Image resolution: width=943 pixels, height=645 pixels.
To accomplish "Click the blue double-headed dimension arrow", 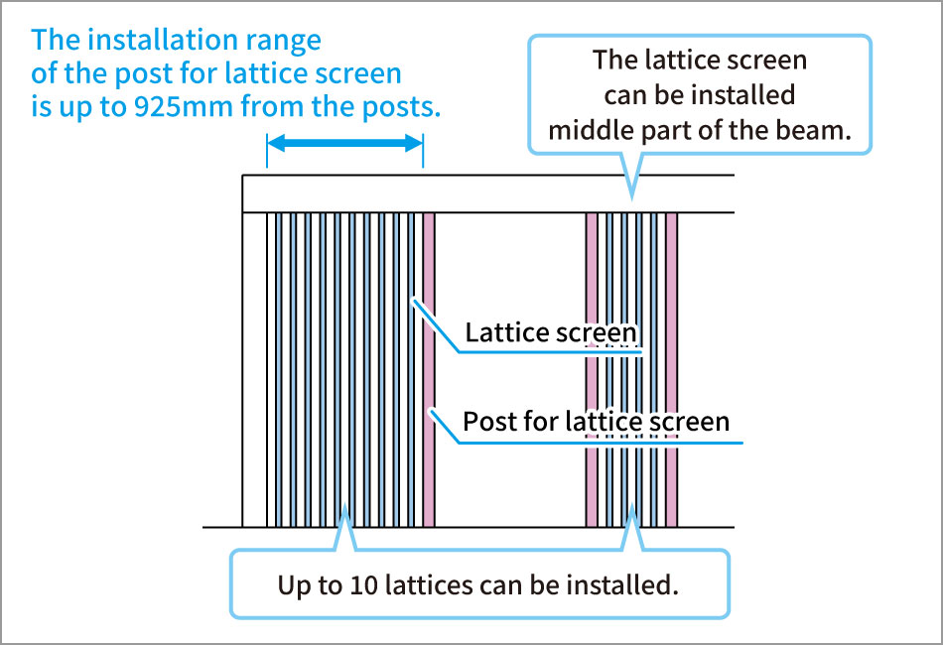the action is pos(344,143).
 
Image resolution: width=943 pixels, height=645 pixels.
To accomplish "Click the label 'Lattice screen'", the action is pos(550,332).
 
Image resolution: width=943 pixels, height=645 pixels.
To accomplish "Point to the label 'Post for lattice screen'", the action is pos(596,422).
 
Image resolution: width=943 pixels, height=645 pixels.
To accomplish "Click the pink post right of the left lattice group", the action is pos(429,370).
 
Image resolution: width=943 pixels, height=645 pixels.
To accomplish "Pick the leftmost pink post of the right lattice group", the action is pos(592,370).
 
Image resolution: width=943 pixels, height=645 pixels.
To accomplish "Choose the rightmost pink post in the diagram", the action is pos(672,370).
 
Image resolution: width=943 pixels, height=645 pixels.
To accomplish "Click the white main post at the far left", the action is pos(254,370).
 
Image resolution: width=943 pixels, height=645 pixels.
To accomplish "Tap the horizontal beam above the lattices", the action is pos(488,193).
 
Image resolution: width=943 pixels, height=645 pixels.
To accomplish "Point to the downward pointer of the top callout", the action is pos(631,176).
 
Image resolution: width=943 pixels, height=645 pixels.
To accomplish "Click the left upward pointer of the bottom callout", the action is pos(344,528).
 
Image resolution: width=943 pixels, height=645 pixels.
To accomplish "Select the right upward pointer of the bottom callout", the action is pos(631,528).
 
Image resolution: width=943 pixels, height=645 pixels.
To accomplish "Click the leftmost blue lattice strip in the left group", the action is pos(279,370).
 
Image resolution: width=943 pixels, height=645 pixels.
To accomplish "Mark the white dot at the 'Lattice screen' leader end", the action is pos(414,300).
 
